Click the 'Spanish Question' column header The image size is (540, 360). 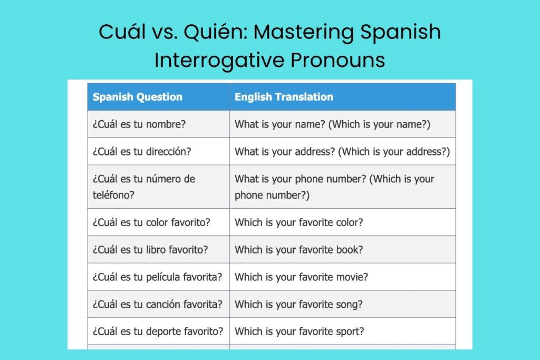tap(138, 97)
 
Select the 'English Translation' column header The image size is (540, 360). tap(284, 97)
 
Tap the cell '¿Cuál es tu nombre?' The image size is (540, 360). tap(139, 124)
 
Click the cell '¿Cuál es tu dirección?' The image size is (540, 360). tap(142, 152)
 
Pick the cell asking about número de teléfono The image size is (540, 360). tap(144, 187)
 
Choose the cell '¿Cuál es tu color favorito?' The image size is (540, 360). tap(151, 222)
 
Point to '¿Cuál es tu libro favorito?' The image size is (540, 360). tap(150, 250)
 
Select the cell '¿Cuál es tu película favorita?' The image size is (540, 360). tap(157, 277)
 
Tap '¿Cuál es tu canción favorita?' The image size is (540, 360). tap(157, 304)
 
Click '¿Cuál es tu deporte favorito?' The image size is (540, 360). tap(158, 332)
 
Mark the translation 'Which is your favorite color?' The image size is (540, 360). tap(298, 222)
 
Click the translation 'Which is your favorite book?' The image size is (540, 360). tap(298, 250)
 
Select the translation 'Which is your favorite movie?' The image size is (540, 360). tap(301, 277)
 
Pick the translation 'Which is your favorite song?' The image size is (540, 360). tap(298, 304)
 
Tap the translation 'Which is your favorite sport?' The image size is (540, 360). tap(299, 332)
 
